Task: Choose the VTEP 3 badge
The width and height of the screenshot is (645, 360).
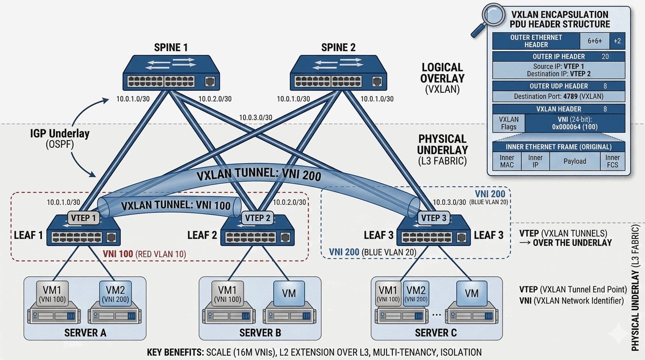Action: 432,218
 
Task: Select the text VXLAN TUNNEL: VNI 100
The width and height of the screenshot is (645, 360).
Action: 167,205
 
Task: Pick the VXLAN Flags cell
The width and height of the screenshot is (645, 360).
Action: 508,123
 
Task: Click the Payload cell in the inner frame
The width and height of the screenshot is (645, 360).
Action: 575,161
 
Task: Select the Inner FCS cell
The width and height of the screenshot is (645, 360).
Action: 612,161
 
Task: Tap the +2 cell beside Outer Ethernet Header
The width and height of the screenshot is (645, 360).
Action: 617,41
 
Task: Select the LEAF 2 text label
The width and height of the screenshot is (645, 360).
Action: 203,235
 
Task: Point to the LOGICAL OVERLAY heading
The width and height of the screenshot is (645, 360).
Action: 442,73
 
